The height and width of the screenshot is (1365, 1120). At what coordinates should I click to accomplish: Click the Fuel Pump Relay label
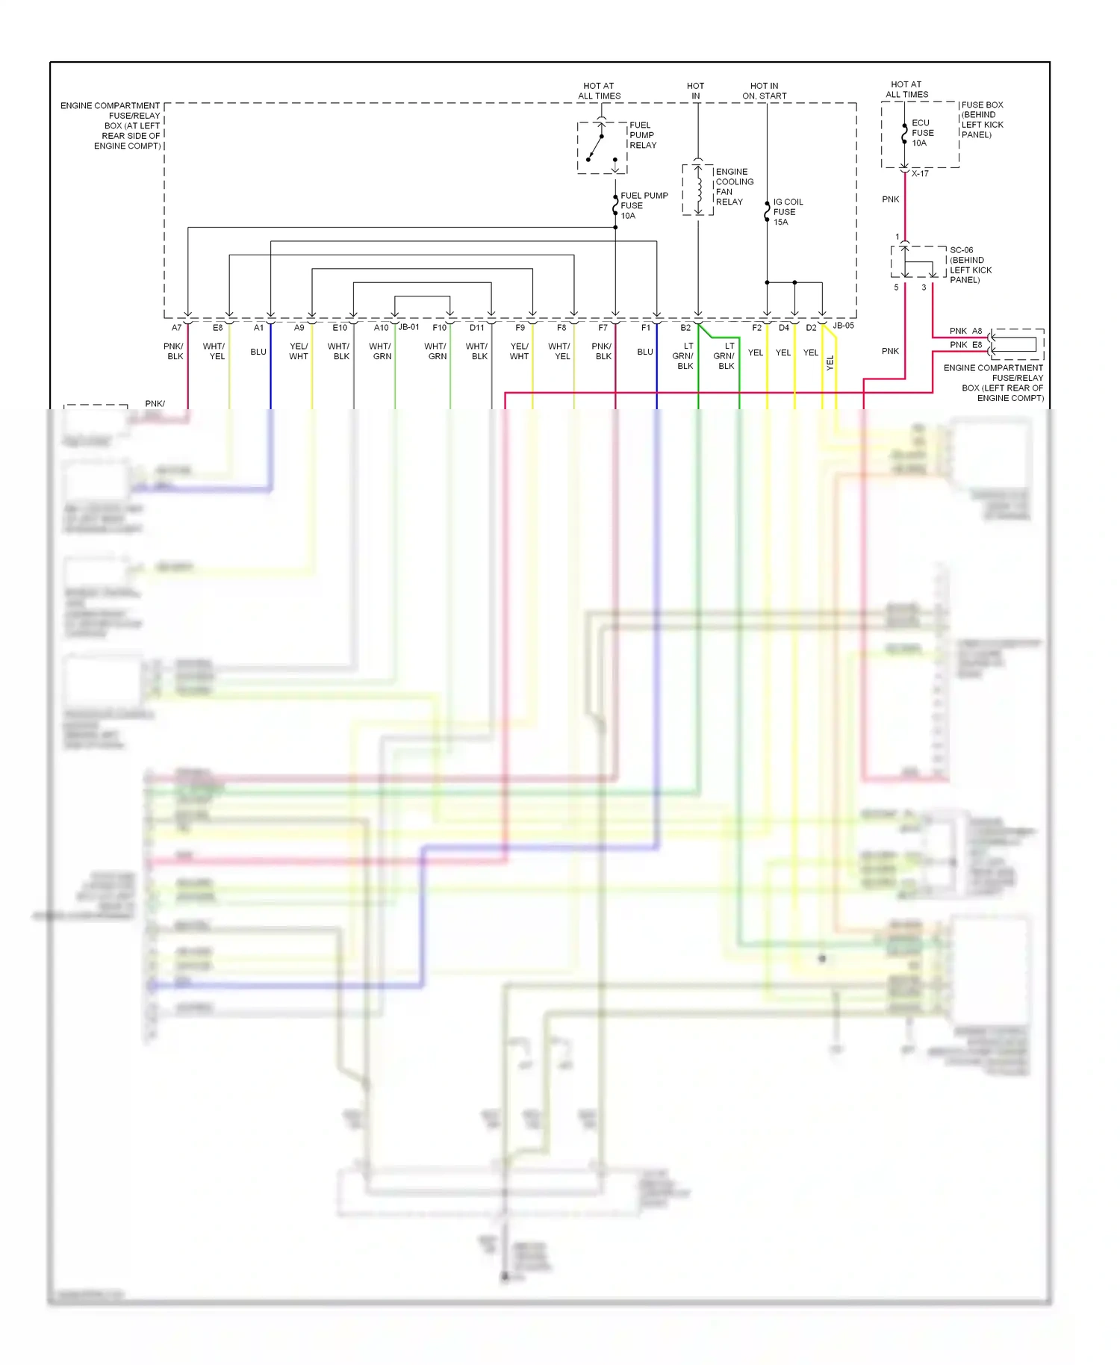pyautogui.click(x=642, y=135)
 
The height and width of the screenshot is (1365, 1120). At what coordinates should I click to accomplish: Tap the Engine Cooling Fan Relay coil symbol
pyautogui.click(x=699, y=190)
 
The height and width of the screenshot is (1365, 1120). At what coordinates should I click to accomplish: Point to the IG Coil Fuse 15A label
pyautogui.click(x=788, y=212)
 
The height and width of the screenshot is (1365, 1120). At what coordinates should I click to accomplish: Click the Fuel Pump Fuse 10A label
pyautogui.click(x=644, y=205)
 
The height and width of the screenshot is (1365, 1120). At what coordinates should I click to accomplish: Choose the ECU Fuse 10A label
pyautogui.click(x=922, y=133)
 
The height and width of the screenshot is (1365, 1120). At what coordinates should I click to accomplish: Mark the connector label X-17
pyautogui.click(x=920, y=174)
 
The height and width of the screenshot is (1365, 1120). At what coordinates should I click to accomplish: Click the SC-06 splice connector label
pyautogui.click(x=962, y=250)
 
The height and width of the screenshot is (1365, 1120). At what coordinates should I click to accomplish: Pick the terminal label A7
pyautogui.click(x=176, y=328)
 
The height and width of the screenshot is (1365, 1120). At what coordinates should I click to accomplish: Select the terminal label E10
pyautogui.click(x=340, y=328)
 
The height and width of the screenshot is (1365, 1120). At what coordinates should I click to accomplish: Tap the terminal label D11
pyautogui.click(x=476, y=328)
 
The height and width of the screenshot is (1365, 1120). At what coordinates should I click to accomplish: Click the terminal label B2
pyautogui.click(x=685, y=328)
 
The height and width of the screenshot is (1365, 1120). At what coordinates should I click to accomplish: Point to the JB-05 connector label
pyautogui.click(x=844, y=326)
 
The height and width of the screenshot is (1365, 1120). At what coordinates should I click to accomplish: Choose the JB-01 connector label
pyautogui.click(x=409, y=327)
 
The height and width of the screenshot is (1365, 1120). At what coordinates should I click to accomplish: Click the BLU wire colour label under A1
pyautogui.click(x=258, y=352)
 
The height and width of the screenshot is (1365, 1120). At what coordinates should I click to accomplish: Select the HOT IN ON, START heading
pyautogui.click(x=765, y=91)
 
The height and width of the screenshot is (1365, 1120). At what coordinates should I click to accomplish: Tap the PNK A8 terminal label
pyautogui.click(x=966, y=331)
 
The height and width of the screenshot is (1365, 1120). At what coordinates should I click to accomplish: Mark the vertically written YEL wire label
pyautogui.click(x=830, y=363)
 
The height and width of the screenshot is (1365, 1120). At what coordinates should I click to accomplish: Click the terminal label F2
pyautogui.click(x=756, y=328)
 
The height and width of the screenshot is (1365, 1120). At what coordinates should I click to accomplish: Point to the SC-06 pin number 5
pyautogui.click(x=896, y=287)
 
